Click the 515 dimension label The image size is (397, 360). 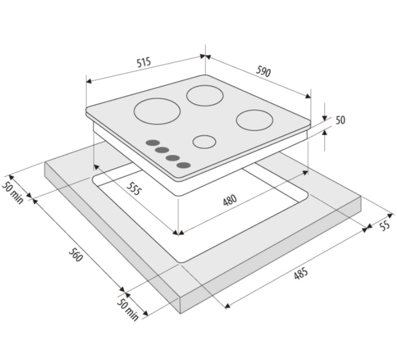tap(144, 62)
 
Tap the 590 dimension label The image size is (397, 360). tap(263, 71)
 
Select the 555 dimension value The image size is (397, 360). tap(133, 189)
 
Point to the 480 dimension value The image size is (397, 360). tap(230, 200)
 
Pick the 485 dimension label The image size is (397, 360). tap(301, 273)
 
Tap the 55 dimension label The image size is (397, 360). tap(385, 225)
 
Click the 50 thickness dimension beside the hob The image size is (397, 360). tap(341, 120)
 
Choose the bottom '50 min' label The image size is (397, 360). tap(128, 310)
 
